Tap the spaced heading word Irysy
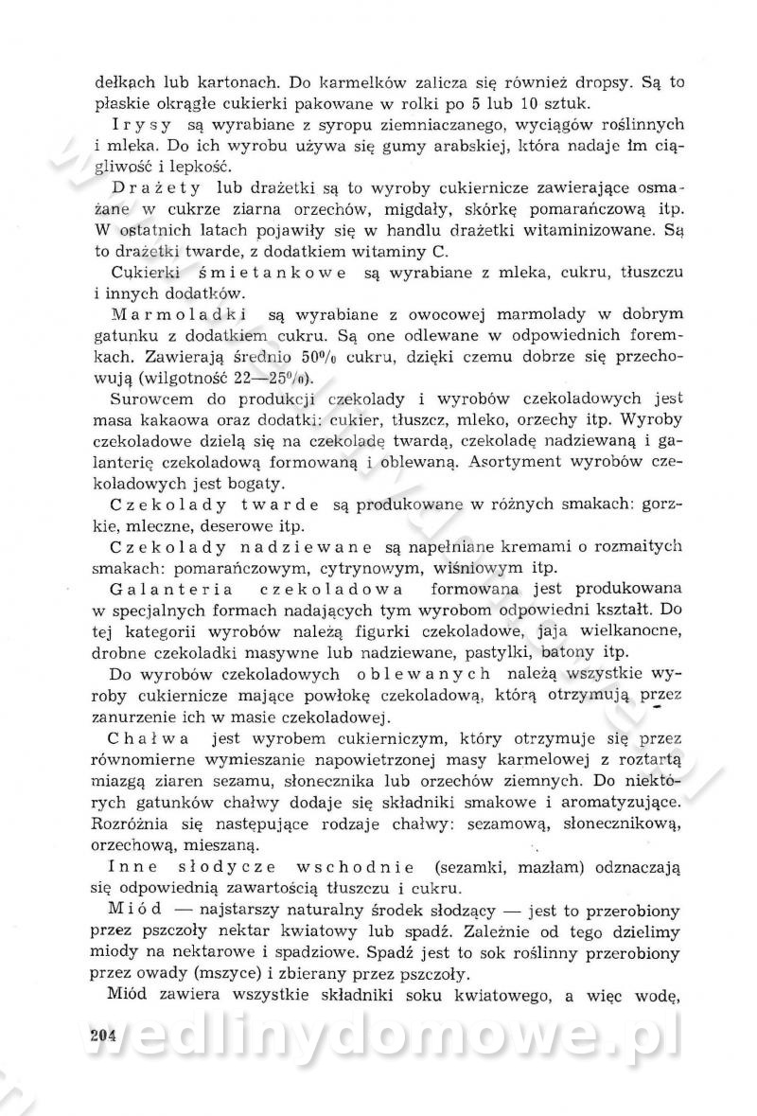(x=141, y=125)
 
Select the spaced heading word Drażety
(x=164, y=186)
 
